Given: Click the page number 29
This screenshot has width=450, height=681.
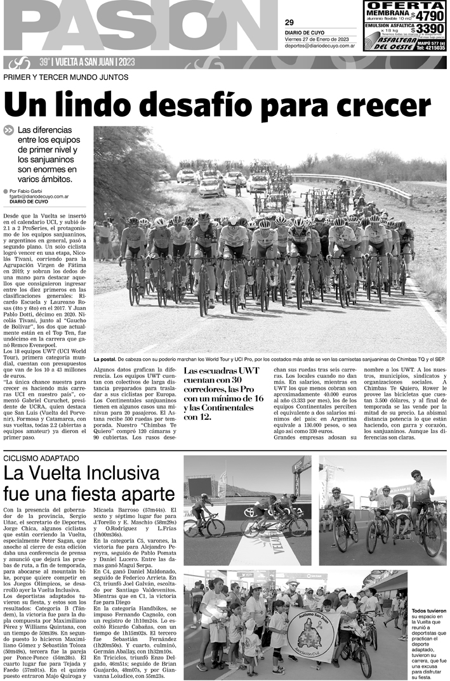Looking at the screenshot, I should pyautogui.click(x=289, y=23).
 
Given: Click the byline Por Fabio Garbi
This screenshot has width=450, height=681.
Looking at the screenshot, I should pyautogui.click(x=37, y=190).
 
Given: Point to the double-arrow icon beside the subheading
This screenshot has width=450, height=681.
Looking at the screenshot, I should pyautogui.click(x=9, y=130).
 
